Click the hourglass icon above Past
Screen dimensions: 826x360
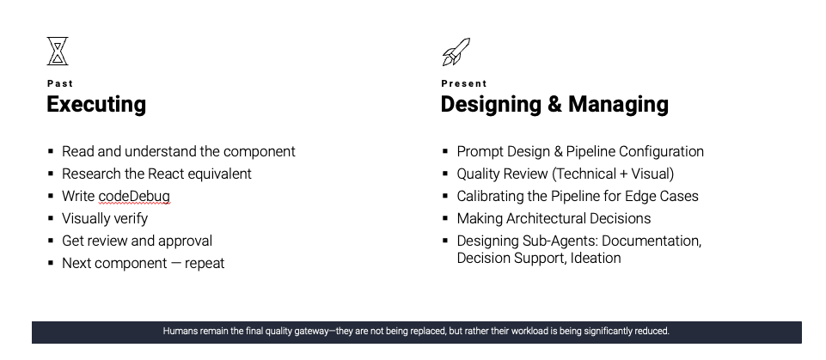(58, 51)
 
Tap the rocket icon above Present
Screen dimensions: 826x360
(456, 52)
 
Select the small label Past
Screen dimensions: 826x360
(60, 83)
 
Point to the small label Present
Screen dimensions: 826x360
(464, 83)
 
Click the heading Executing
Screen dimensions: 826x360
(96, 104)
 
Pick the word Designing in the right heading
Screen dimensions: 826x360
(491, 104)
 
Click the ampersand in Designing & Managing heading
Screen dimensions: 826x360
(554, 104)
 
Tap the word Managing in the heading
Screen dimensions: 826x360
(619, 104)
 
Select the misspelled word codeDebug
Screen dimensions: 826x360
(134, 196)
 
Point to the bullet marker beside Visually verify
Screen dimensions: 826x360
(51, 218)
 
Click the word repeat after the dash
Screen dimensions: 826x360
(205, 264)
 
